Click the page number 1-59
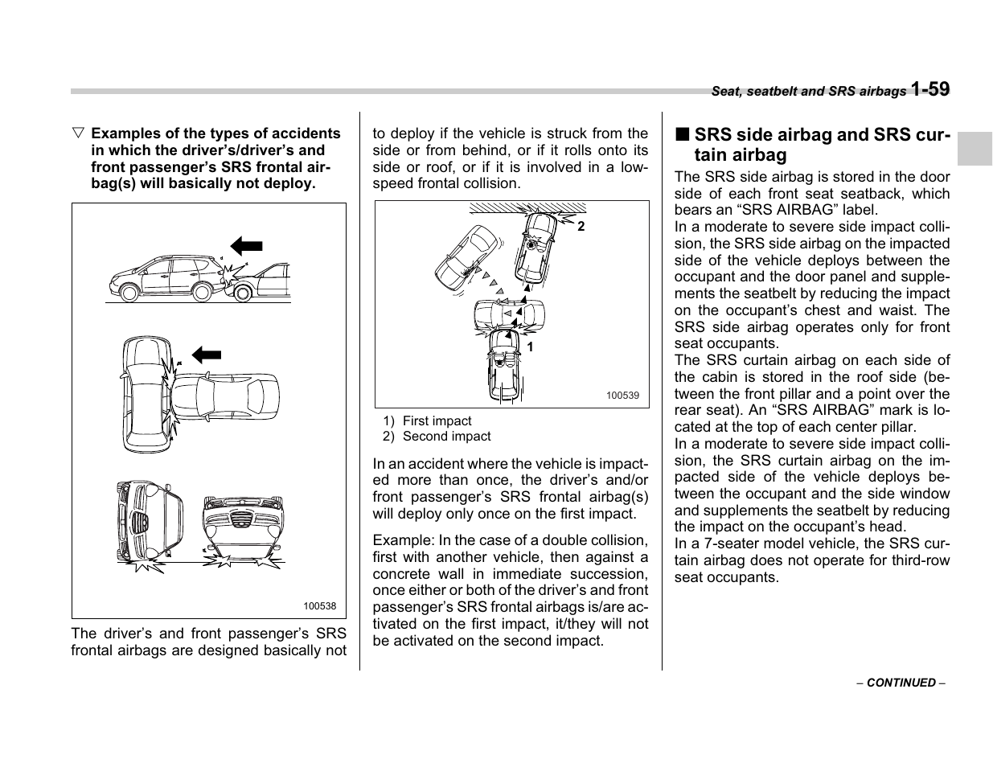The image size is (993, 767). [x=930, y=89]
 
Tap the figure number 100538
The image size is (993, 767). [x=320, y=607]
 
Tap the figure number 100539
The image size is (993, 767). [x=622, y=396]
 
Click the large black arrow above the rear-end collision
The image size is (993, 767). [x=246, y=246]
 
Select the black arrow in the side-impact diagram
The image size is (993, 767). [x=207, y=353]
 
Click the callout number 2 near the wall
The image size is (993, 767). [x=581, y=228]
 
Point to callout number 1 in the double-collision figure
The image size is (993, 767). [x=530, y=347]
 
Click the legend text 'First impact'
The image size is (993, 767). [x=437, y=420]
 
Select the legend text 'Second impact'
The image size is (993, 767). [x=446, y=437]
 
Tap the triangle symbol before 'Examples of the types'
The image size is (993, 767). [x=77, y=133]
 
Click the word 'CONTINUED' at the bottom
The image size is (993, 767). [x=901, y=683]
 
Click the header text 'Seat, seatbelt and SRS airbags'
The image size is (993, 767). [x=808, y=92]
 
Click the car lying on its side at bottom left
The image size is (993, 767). [x=150, y=521]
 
